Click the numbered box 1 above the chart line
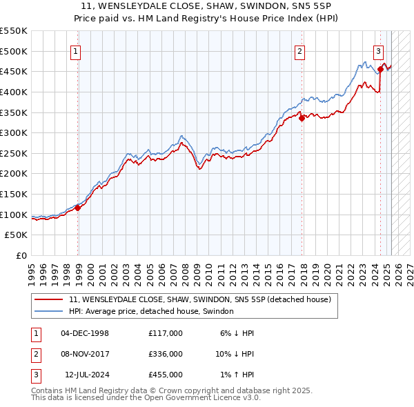click(x=75, y=50)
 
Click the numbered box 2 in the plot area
click(x=300, y=50)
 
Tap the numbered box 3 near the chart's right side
click(x=379, y=50)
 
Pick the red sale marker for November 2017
click(x=302, y=118)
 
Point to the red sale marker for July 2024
click(x=380, y=69)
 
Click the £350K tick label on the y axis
click(x=14, y=112)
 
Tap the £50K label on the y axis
click(x=17, y=235)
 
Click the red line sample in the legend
click(x=48, y=299)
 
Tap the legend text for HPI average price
click(x=151, y=311)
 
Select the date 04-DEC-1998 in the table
click(x=85, y=333)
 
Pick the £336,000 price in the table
click(x=166, y=354)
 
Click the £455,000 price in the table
click(x=166, y=375)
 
